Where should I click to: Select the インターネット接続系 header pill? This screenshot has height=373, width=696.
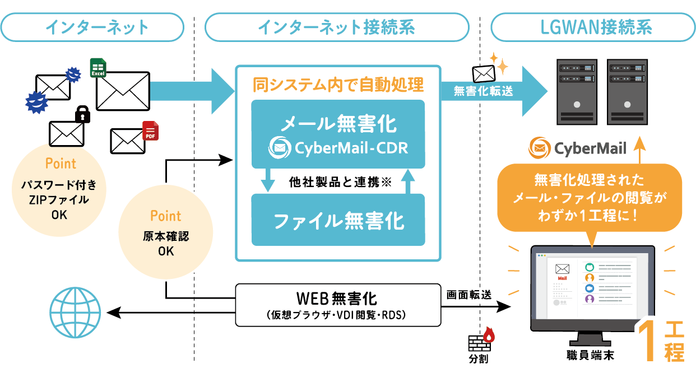(x=336, y=27)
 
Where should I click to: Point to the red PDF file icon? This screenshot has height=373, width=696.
(x=150, y=130)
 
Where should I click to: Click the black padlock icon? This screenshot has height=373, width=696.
(x=83, y=114)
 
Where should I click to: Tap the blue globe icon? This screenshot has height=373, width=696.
(x=76, y=311)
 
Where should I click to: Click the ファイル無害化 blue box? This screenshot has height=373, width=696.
(x=338, y=220)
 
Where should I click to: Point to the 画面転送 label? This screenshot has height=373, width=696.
(x=468, y=293)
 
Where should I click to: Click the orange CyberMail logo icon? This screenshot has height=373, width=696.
(x=539, y=148)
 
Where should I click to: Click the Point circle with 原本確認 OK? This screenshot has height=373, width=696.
(x=166, y=233)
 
